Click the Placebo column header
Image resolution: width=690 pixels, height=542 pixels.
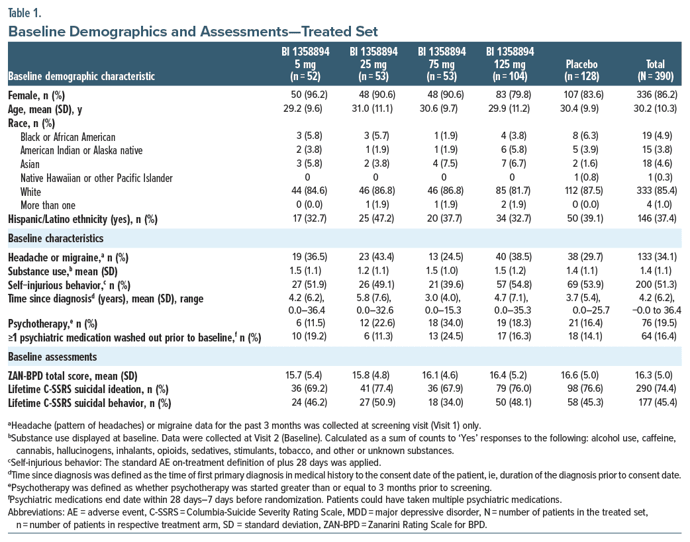(x=581, y=70)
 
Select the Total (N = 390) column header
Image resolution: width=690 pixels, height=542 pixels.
(x=656, y=70)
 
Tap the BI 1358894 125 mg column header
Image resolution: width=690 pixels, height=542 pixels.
(x=510, y=64)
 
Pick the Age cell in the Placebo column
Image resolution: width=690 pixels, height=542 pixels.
(x=579, y=109)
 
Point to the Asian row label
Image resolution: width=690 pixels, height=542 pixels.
(x=30, y=164)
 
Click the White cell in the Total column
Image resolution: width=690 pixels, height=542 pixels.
(x=656, y=191)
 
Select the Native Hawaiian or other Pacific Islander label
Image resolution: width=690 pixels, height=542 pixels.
(x=97, y=178)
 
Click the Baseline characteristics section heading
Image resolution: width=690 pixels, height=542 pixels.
(x=56, y=238)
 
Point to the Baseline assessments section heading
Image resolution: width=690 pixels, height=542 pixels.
(x=52, y=357)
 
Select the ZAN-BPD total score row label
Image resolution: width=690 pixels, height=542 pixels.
(x=73, y=376)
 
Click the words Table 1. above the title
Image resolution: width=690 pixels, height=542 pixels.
(x=25, y=13)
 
